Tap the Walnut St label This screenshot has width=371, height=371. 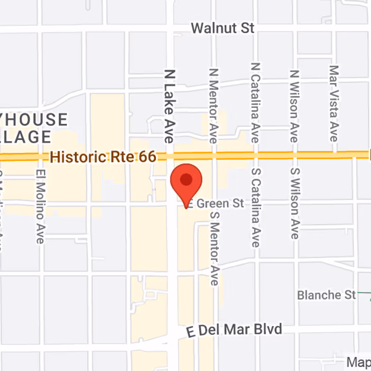pos(223,28)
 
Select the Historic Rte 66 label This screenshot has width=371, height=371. pos(103,157)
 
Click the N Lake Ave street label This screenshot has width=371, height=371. pos(169,106)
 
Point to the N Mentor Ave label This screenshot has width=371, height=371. pos(213,106)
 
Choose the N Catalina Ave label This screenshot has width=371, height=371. pos(255,103)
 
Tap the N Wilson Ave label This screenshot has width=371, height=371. pos(294,106)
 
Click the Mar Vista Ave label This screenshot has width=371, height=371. pos(333,103)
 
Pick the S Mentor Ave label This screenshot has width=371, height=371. pos(214,249)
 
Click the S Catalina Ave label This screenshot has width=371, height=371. pos(255,207)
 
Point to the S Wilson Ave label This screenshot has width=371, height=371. pos(294,203)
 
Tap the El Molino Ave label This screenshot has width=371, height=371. pos(40,205)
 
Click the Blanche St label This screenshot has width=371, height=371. pos(326,294)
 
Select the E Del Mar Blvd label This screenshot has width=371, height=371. pos(234,331)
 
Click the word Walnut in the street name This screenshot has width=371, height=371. pos(214,28)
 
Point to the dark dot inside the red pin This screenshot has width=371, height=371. pos(186,179)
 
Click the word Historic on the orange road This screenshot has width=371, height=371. pos(72,157)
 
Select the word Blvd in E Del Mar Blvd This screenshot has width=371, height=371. pos(268,329)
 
